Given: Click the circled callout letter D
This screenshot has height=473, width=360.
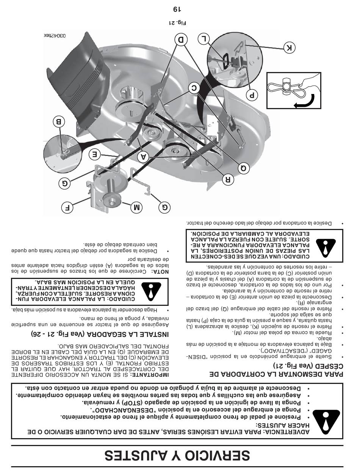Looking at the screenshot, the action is point(182,40).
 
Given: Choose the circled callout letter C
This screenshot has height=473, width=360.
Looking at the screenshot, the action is point(194,88).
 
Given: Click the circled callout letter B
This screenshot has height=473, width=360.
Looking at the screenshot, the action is point(59,122).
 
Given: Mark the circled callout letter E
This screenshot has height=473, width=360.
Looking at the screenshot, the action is point(95,154).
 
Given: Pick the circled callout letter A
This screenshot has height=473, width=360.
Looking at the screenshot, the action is point(143,156).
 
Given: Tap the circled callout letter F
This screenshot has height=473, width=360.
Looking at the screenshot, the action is point(67,208).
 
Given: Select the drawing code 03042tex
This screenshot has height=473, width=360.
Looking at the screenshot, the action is point(55,36).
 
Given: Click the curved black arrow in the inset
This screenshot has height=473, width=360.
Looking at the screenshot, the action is point(306,102).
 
